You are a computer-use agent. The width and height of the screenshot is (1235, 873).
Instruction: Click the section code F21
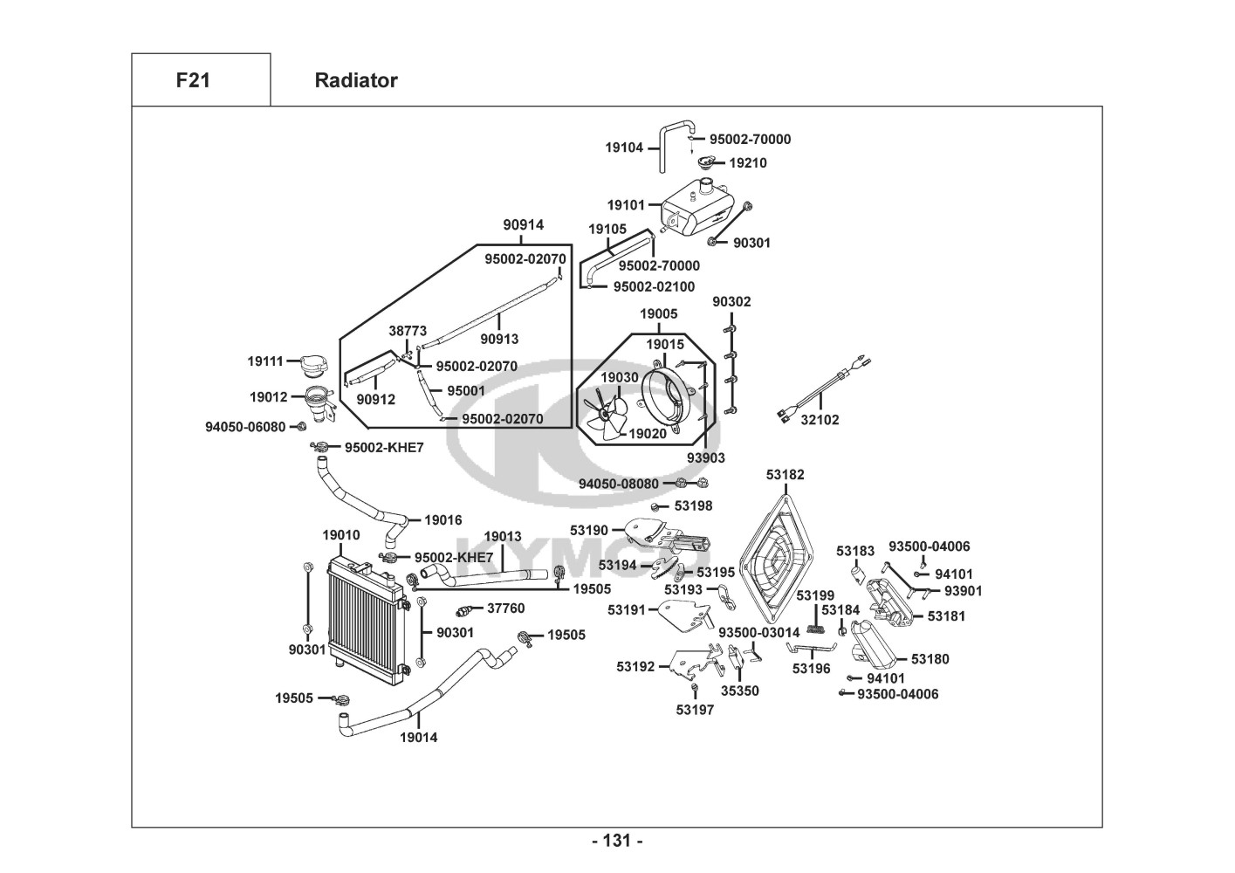193,80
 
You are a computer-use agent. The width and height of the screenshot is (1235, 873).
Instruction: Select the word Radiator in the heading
355,80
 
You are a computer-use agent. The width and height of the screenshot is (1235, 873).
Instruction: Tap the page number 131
617,841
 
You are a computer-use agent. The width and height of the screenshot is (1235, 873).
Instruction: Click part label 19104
624,148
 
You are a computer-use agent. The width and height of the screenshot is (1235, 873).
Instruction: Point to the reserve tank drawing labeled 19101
696,209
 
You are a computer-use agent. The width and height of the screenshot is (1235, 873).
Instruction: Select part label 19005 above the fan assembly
658,313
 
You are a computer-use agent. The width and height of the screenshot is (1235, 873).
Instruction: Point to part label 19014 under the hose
419,738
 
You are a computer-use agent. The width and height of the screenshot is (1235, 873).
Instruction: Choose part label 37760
505,608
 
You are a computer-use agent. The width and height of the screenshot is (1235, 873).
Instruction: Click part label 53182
786,475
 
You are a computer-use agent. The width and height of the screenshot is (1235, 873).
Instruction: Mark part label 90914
523,225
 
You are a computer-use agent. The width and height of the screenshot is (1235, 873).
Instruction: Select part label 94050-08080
619,484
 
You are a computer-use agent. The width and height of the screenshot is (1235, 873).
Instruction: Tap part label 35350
739,691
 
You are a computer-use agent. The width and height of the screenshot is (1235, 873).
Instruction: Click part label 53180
930,659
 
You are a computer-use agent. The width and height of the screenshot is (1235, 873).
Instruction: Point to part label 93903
705,457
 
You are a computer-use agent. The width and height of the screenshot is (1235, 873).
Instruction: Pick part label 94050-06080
245,427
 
